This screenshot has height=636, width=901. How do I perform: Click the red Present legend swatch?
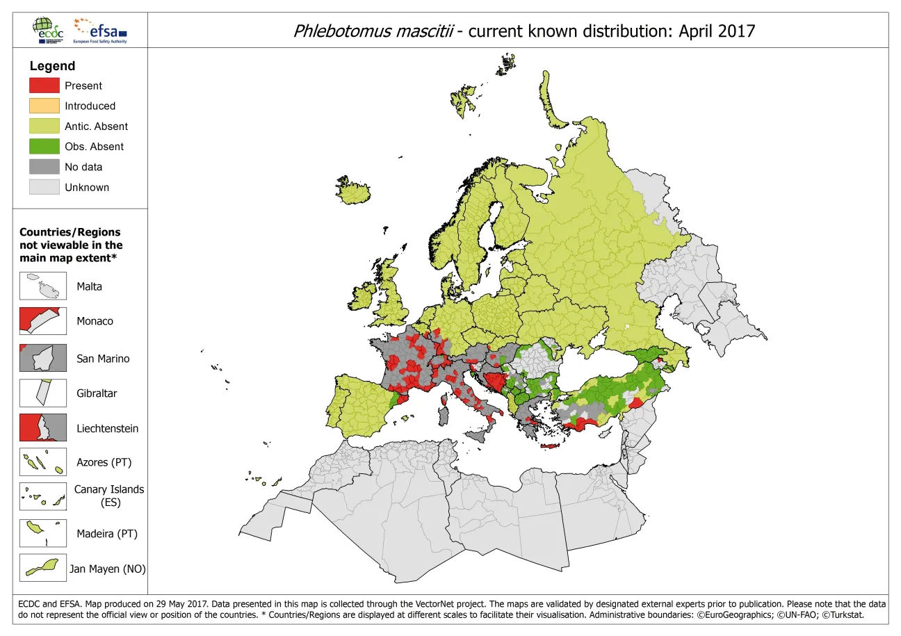coord(44,85)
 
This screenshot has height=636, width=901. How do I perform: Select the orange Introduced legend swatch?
coord(44,106)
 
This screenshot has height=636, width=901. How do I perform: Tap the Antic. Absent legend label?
coord(96,127)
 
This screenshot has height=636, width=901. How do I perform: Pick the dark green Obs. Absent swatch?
coord(44,147)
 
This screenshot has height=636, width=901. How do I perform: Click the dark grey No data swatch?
coord(44,167)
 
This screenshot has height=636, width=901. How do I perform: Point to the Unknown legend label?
coord(87,187)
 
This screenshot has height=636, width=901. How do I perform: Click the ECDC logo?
coord(47,30)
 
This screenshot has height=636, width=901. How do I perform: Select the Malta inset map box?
coord(43,286)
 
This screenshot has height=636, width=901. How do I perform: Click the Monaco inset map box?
coord(43,321)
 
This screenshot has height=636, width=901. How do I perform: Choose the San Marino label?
coord(103,359)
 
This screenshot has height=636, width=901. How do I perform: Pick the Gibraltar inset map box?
coord(43,393)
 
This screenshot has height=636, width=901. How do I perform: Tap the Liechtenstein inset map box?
coord(43,428)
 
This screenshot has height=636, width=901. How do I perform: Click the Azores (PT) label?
coord(104,462)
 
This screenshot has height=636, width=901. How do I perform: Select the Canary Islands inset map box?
coord(43,496)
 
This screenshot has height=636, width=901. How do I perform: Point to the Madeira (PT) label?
coord(107,534)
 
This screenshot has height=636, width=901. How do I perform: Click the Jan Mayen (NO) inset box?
coord(43,568)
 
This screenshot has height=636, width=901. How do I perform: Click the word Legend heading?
coord(52,66)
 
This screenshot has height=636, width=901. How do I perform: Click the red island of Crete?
coord(549,446)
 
